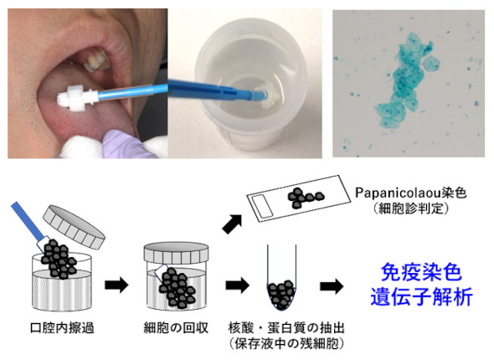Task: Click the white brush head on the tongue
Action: tap(73, 97)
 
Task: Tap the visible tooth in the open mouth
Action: tap(97, 60)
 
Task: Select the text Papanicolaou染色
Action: tap(411, 193)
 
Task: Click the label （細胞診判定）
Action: tap(411, 208)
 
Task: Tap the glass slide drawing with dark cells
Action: tap(299, 198)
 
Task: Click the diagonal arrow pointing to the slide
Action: tap(232, 224)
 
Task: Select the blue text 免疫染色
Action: tap(421, 272)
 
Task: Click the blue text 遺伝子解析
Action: tap(421, 296)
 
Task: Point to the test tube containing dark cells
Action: tap(281, 278)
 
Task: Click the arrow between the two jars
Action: tap(116, 285)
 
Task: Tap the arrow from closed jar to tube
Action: tap(238, 285)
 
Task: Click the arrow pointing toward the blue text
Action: tap(332, 286)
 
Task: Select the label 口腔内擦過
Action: tap(62, 328)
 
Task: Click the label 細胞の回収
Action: tap(176, 328)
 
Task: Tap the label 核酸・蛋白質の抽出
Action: tap(286, 328)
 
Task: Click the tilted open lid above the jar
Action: tap(74, 227)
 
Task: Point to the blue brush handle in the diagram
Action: tap(28, 221)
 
